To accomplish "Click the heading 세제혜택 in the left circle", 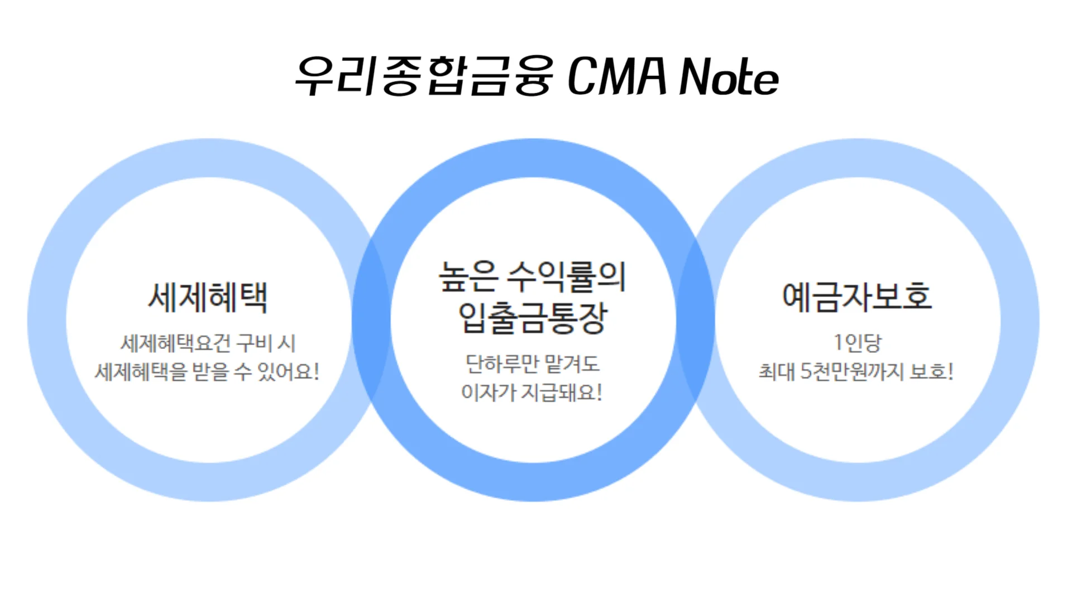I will coord(208,297).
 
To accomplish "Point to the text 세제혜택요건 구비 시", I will coord(208,343).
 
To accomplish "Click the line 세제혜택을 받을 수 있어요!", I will coord(207,371).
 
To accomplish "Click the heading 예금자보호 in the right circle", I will coord(857,297).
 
